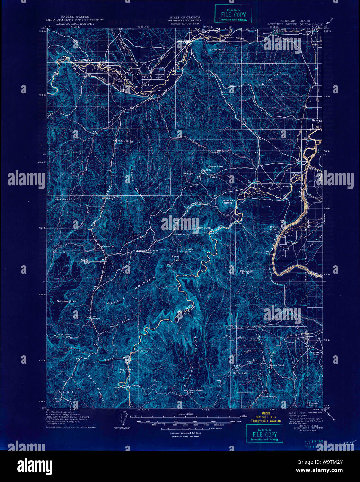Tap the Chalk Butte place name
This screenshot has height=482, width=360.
pyautogui.click(x=216, y=167)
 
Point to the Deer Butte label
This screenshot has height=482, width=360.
pyautogui.click(x=203, y=228)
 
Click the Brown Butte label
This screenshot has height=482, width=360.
pyautogui.click(x=274, y=228)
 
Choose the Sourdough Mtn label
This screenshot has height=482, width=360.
pyautogui.click(x=67, y=301)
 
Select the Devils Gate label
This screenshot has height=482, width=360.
pyautogui.click(x=240, y=373)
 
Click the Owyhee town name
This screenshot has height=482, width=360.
pyautogui.click(x=288, y=186)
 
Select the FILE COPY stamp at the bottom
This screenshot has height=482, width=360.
pyautogui.click(x=264, y=434)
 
